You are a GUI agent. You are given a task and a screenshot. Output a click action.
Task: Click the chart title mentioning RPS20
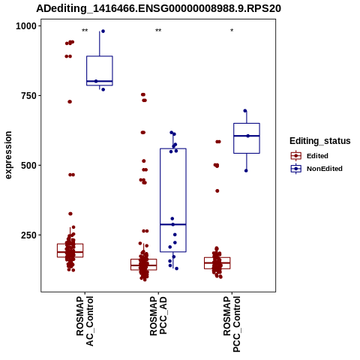[x=158, y=9]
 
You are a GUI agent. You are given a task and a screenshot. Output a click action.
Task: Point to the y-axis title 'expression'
[x=8, y=155]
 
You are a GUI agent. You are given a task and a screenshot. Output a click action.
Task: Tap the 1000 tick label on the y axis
[x=26, y=26]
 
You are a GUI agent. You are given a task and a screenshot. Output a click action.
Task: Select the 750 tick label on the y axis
[x=28, y=96]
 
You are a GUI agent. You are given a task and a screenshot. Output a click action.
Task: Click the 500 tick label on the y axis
[x=28, y=166]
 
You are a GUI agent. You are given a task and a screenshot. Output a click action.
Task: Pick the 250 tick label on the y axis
[x=28, y=235]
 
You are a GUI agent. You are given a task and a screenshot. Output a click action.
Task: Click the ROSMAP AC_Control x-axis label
[x=85, y=321]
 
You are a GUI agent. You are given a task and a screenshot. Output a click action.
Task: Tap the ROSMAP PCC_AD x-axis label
[x=158, y=316]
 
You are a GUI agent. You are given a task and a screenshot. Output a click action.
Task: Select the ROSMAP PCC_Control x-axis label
[x=232, y=324]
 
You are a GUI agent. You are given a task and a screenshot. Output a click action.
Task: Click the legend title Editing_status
[x=320, y=141]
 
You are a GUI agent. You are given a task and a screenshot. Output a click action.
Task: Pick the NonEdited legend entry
[x=316, y=169]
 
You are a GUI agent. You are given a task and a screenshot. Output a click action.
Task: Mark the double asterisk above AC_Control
[x=85, y=31]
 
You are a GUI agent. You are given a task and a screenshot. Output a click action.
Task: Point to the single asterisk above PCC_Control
[x=232, y=31]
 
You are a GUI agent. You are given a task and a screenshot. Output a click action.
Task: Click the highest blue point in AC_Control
[x=103, y=31]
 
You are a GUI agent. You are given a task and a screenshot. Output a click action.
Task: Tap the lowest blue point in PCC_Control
[x=246, y=171]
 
